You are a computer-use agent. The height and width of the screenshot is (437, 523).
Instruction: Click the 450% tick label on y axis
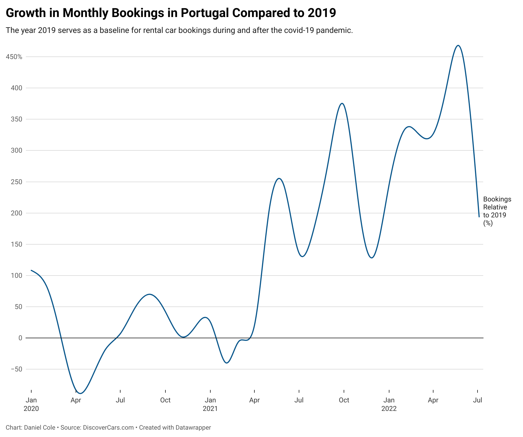pos(14,57)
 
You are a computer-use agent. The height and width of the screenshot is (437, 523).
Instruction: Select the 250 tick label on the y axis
pos(16,182)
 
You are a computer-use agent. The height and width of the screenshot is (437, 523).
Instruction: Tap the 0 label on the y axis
pos(20,338)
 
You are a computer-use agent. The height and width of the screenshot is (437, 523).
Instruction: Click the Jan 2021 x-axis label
pos(210,404)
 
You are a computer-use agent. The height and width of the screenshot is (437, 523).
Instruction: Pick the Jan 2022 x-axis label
pos(389,404)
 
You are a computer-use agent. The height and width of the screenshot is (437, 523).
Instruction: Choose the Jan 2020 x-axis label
pos(31,404)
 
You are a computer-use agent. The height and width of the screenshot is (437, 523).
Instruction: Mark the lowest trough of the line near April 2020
pos(80,393)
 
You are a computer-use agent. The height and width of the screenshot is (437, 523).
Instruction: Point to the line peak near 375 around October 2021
pos(342,103)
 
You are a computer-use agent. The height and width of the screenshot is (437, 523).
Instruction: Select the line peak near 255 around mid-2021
pos(279,178)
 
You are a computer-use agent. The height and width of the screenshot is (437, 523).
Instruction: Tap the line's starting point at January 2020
pos(31,270)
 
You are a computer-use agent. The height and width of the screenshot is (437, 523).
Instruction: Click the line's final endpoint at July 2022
pos(479,217)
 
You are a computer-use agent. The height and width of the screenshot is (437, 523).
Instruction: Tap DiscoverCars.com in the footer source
pos(108,427)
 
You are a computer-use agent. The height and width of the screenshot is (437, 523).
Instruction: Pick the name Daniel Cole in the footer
pos(40,427)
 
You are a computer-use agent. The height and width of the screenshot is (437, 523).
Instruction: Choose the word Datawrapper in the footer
pos(193,427)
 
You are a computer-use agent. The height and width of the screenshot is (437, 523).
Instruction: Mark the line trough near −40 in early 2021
pos(227,363)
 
